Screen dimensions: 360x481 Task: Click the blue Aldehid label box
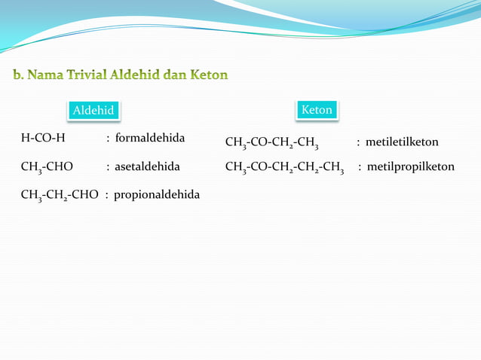pos(93,111)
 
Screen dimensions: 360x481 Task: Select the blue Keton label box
pos(317,110)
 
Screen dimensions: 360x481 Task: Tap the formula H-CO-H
pos(43,138)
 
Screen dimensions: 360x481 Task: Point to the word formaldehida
pos(150,138)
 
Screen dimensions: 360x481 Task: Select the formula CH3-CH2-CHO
pos(60,195)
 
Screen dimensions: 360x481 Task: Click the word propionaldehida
pos(157,194)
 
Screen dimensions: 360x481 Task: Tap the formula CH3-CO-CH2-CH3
pos(271,142)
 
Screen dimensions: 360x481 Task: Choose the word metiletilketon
pos(402,142)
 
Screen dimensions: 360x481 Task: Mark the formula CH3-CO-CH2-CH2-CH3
pos(285,167)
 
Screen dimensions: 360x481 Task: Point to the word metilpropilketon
pos(411,166)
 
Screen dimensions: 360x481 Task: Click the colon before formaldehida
pos(109,139)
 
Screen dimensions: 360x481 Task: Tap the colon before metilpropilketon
pos(360,166)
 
